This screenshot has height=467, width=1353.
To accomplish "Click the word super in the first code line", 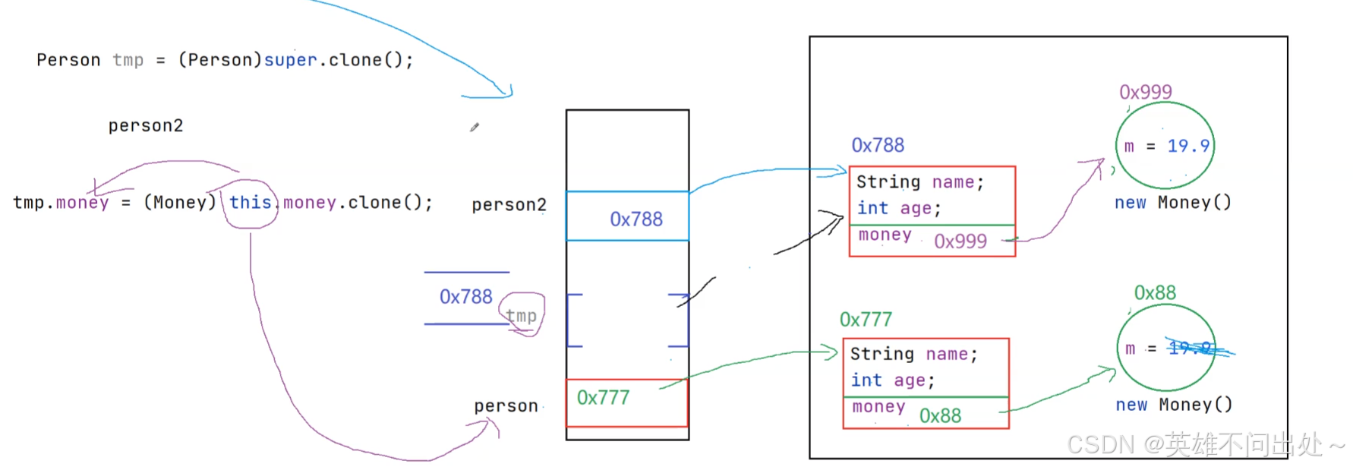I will coord(290,60).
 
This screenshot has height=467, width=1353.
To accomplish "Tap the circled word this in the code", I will coord(250,203).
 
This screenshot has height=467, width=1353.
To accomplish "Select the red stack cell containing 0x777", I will coord(626,402).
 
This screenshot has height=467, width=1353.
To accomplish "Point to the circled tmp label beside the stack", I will coord(521,315).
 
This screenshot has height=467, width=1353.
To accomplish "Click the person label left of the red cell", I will coord(506,406).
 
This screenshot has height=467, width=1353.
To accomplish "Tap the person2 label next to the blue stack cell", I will coord(509,205).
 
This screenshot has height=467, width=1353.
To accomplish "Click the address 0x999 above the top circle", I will coord(1145,92).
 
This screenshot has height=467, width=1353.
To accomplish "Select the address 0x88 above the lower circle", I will coord(1154,292).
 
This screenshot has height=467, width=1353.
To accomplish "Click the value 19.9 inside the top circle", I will coord(1187,146).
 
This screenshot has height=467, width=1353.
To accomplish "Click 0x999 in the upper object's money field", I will coord(960,241).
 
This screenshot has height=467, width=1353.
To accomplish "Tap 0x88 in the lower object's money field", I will coord(940,415).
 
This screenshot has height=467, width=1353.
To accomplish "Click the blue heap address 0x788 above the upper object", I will coord(878,145).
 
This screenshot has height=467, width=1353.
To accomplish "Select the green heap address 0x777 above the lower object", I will coord(866,320).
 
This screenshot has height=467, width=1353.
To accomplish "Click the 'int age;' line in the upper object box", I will coord(899,208).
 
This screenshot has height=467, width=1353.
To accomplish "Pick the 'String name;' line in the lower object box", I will coord(913,354).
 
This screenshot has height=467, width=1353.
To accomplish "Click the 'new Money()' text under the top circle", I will coord(1172,203).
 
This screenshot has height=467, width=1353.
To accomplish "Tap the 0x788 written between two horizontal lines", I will coord(465,297).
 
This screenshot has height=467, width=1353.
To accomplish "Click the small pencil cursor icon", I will coord(474,128).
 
